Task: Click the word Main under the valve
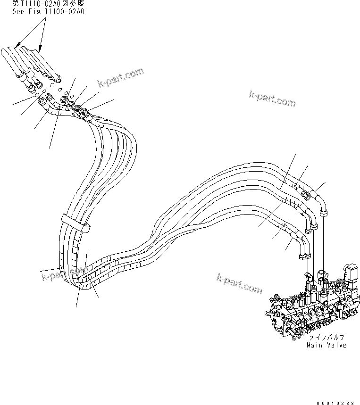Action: [315, 345]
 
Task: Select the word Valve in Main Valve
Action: [337, 345]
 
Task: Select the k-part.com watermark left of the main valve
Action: [239, 283]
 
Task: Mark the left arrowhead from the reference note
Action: [17, 46]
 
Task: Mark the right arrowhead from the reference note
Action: [40, 48]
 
